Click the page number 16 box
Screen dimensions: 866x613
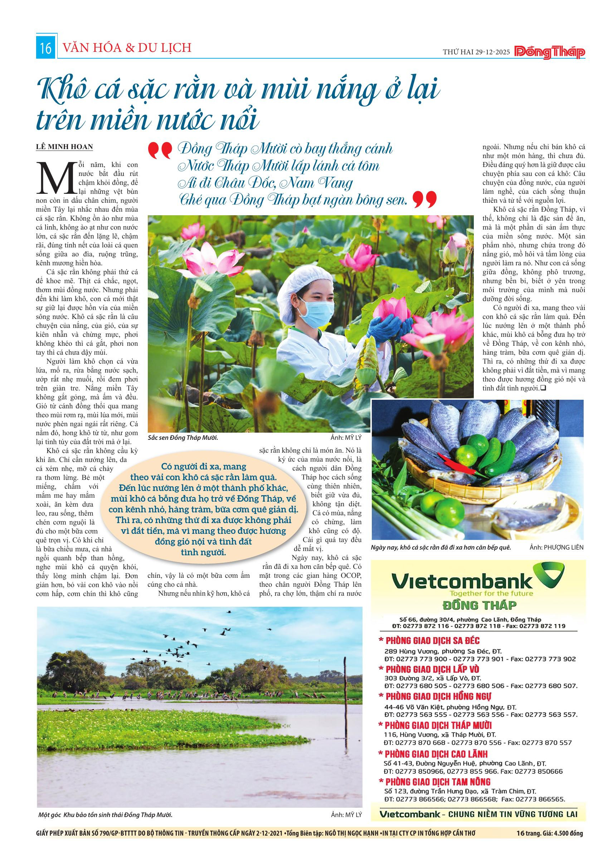pos(46,49)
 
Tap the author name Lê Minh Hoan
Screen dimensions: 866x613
pos(64,147)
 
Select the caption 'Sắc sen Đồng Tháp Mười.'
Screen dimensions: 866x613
pos(184,438)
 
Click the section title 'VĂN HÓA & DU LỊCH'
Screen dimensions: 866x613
pos(127,48)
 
